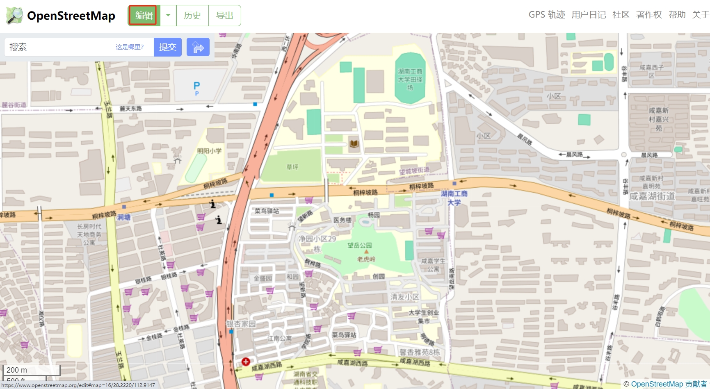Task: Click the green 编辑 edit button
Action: pyautogui.click(x=144, y=16)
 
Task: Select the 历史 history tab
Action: pyautogui.click(x=192, y=16)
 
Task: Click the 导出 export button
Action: pyautogui.click(x=224, y=16)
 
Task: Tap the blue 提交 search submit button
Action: pyautogui.click(x=167, y=47)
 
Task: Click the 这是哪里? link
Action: pyautogui.click(x=130, y=47)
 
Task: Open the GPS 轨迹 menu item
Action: pyautogui.click(x=546, y=15)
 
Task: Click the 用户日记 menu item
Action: pyautogui.click(x=588, y=15)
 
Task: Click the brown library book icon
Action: pyautogui.click(x=354, y=143)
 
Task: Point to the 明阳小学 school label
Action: pyautogui.click(x=209, y=151)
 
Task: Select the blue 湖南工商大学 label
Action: pyautogui.click(x=454, y=198)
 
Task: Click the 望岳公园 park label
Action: pyautogui.click(x=360, y=245)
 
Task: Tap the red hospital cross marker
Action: pyautogui.click(x=246, y=362)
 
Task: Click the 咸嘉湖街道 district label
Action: pyautogui.click(x=652, y=196)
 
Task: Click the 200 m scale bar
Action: pyautogui.click(x=31, y=370)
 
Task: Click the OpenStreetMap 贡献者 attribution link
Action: pyautogui.click(x=669, y=384)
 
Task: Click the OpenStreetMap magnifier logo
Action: pyautogui.click(x=15, y=16)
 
